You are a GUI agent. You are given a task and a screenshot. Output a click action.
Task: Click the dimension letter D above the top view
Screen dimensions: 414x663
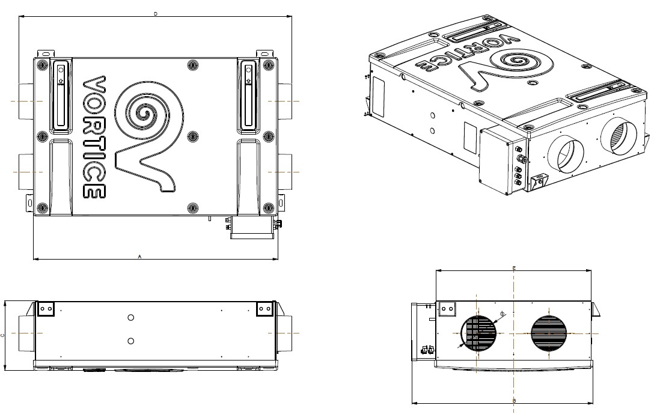click(156, 13)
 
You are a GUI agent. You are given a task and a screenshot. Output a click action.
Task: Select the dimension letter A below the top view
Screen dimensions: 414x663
click(139, 256)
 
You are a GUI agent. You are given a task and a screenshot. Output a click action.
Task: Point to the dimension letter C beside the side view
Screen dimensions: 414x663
click(3, 335)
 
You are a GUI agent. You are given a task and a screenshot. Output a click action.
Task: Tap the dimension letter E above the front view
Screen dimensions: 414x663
click(514, 267)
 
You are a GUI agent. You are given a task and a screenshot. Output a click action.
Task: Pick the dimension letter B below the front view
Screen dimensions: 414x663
click(515, 400)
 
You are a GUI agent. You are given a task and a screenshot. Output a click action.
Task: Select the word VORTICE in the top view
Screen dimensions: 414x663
click(94, 137)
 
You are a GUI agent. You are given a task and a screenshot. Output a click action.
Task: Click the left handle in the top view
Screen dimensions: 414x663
click(61, 94)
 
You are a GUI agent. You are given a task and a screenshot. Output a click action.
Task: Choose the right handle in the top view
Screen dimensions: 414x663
click(248, 94)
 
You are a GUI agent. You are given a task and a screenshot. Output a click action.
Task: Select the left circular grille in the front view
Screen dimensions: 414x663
click(479, 333)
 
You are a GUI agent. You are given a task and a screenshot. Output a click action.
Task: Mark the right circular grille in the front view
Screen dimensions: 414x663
click(549, 333)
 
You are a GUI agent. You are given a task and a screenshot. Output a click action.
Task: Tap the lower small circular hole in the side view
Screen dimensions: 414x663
click(131, 341)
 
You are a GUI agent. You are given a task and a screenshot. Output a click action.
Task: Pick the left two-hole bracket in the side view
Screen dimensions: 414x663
click(46, 309)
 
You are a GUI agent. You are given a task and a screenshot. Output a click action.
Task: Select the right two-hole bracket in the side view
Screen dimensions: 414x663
click(264, 309)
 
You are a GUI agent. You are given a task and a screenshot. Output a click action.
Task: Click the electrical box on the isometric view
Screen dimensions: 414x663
click(503, 161)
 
